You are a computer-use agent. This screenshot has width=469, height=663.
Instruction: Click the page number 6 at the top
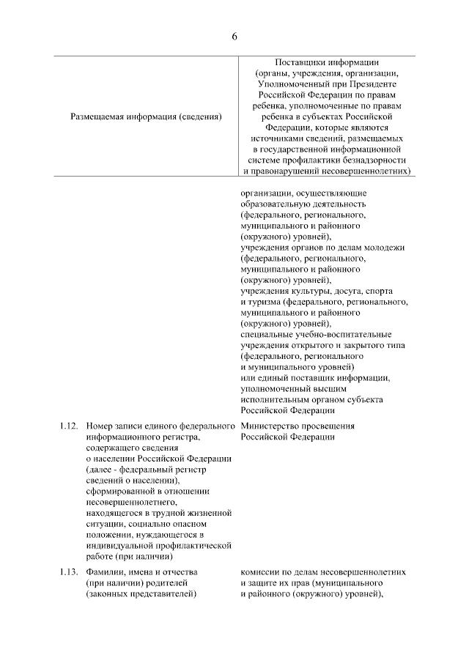234,37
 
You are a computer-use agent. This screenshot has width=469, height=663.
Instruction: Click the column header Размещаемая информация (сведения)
146,115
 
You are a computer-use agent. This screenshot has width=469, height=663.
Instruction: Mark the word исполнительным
276,399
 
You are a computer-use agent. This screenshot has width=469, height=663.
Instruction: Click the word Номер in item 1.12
99,426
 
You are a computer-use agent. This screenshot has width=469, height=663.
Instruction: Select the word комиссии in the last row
261,571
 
